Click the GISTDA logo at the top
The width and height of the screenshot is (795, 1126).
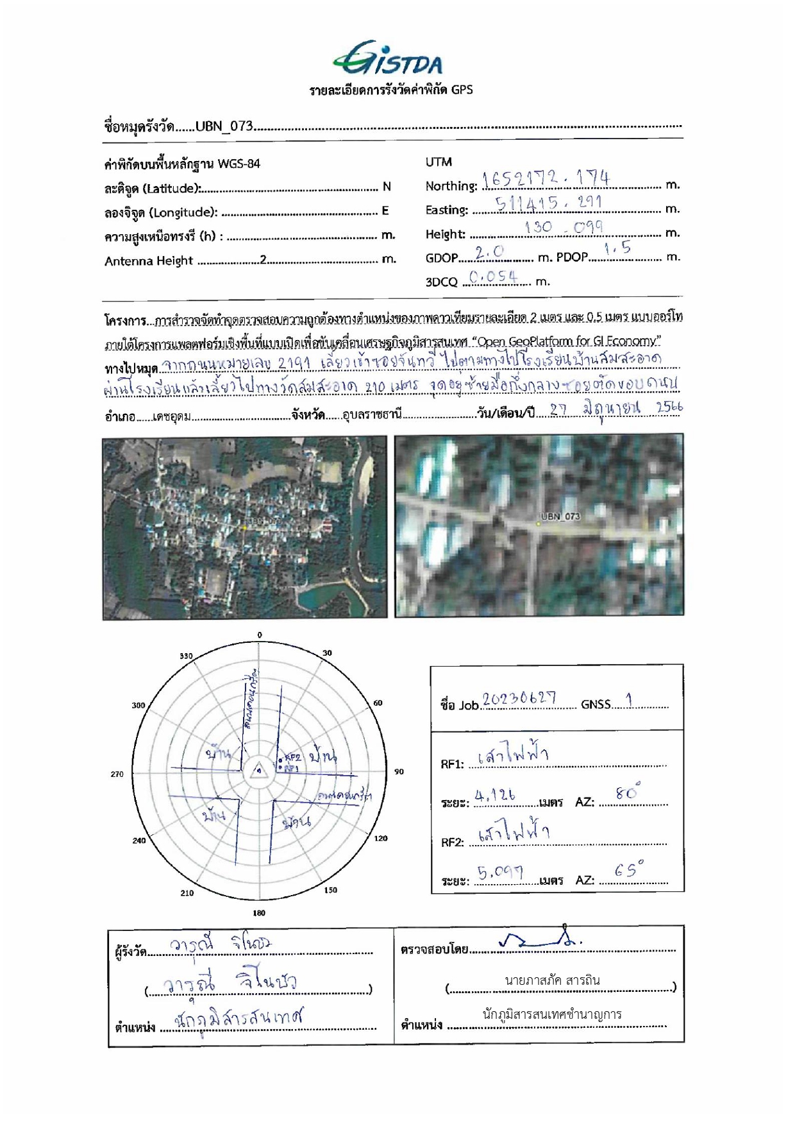coord(388,59)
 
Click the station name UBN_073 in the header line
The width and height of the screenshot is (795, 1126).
coord(224,126)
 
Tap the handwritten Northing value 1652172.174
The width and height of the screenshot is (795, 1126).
coord(546,178)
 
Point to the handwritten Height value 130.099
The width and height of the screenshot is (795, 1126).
coord(564,227)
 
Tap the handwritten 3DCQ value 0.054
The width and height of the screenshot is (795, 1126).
coord(493,277)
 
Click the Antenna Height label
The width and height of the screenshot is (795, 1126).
coord(149,261)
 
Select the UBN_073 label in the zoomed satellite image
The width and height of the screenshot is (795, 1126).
coord(560,516)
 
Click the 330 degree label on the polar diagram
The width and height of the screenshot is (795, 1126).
coord(186,656)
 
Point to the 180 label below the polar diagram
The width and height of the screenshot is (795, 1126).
coord(259,912)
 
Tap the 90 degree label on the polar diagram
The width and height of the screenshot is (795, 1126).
coord(399,771)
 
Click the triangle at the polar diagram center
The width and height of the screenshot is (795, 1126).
coord(258,771)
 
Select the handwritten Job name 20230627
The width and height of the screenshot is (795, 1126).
coord(519,699)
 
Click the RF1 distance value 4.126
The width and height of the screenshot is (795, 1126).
coord(495,796)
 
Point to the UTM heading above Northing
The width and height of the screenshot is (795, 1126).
coord(439,162)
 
